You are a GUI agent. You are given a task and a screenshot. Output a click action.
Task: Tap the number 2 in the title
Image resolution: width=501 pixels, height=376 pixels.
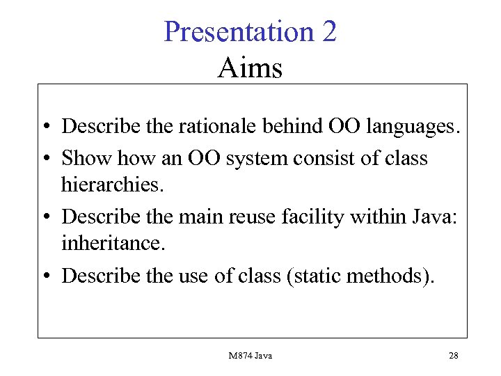point(329,32)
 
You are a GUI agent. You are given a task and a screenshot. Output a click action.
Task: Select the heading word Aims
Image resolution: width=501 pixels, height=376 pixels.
point(250,68)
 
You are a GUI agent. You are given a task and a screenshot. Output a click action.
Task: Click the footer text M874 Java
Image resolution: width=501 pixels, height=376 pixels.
point(250,356)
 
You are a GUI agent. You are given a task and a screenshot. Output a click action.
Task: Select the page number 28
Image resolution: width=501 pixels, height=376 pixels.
point(454,356)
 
